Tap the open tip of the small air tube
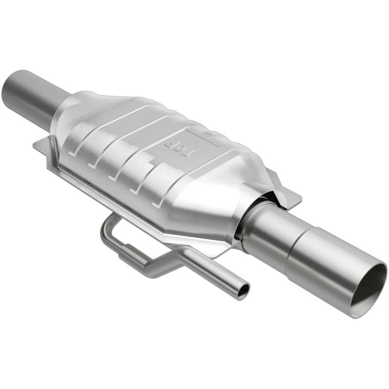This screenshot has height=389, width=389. coord(242,290)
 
